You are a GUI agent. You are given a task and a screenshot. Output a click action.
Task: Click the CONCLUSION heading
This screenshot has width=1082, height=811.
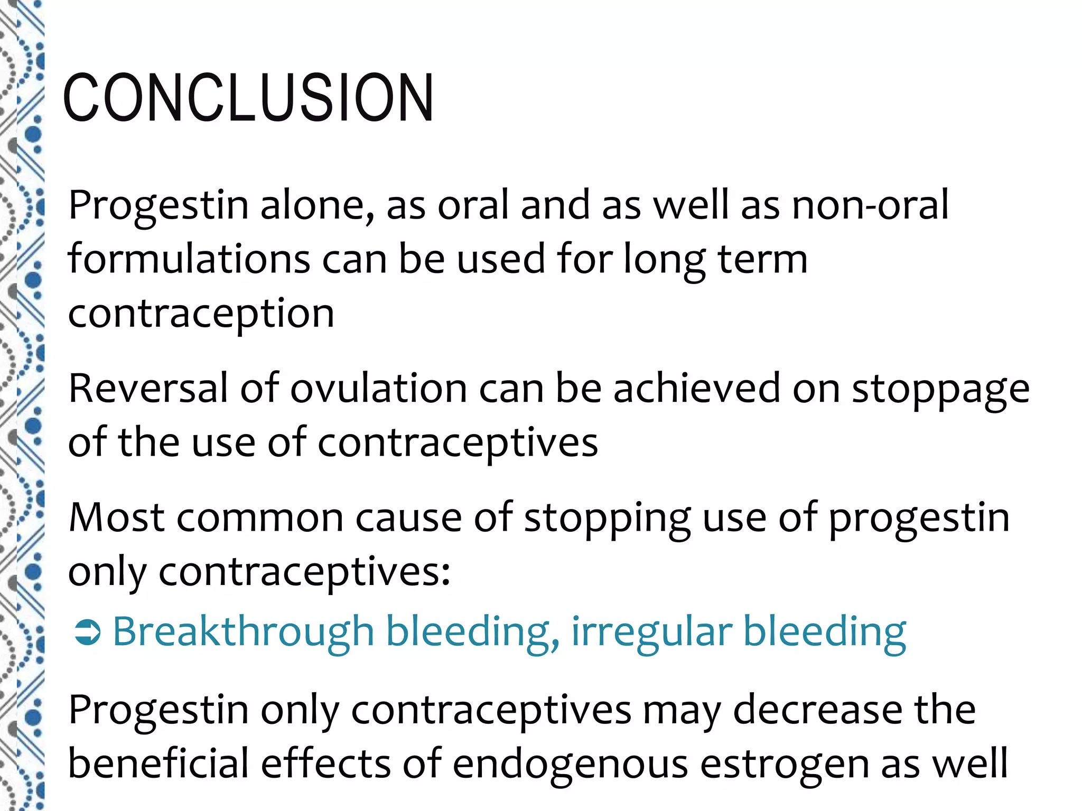click(x=248, y=98)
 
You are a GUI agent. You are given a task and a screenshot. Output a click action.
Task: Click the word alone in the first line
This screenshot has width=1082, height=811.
click(x=317, y=205)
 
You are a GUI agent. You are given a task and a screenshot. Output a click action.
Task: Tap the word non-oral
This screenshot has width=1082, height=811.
click(x=870, y=205)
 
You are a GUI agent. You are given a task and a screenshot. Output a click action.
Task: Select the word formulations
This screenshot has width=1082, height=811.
click(x=189, y=259)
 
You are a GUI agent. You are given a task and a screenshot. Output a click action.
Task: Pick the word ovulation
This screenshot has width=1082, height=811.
click(x=378, y=388)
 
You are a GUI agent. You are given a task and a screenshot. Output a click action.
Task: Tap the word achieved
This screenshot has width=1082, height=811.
click(x=696, y=388)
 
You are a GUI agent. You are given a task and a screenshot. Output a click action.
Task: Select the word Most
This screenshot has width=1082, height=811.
click(x=117, y=517)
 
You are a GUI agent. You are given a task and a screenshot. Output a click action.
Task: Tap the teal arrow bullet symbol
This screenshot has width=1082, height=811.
click(x=87, y=633)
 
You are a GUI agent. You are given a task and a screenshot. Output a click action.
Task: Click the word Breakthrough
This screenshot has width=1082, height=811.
click(x=244, y=631)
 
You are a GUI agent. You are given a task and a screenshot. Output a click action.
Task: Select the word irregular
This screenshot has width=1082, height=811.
click(x=651, y=633)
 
